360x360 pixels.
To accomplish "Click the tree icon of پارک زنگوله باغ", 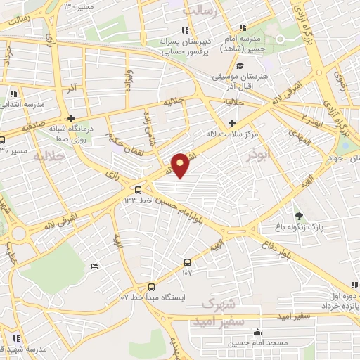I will (x=300, y=216).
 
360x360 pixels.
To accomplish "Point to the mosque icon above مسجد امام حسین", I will (x=258, y=333).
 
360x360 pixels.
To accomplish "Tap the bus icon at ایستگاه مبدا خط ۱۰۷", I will (x=151, y=286).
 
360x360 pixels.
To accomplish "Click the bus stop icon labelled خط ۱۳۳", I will (x=138, y=190).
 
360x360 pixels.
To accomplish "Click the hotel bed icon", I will (x=95, y=265).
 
